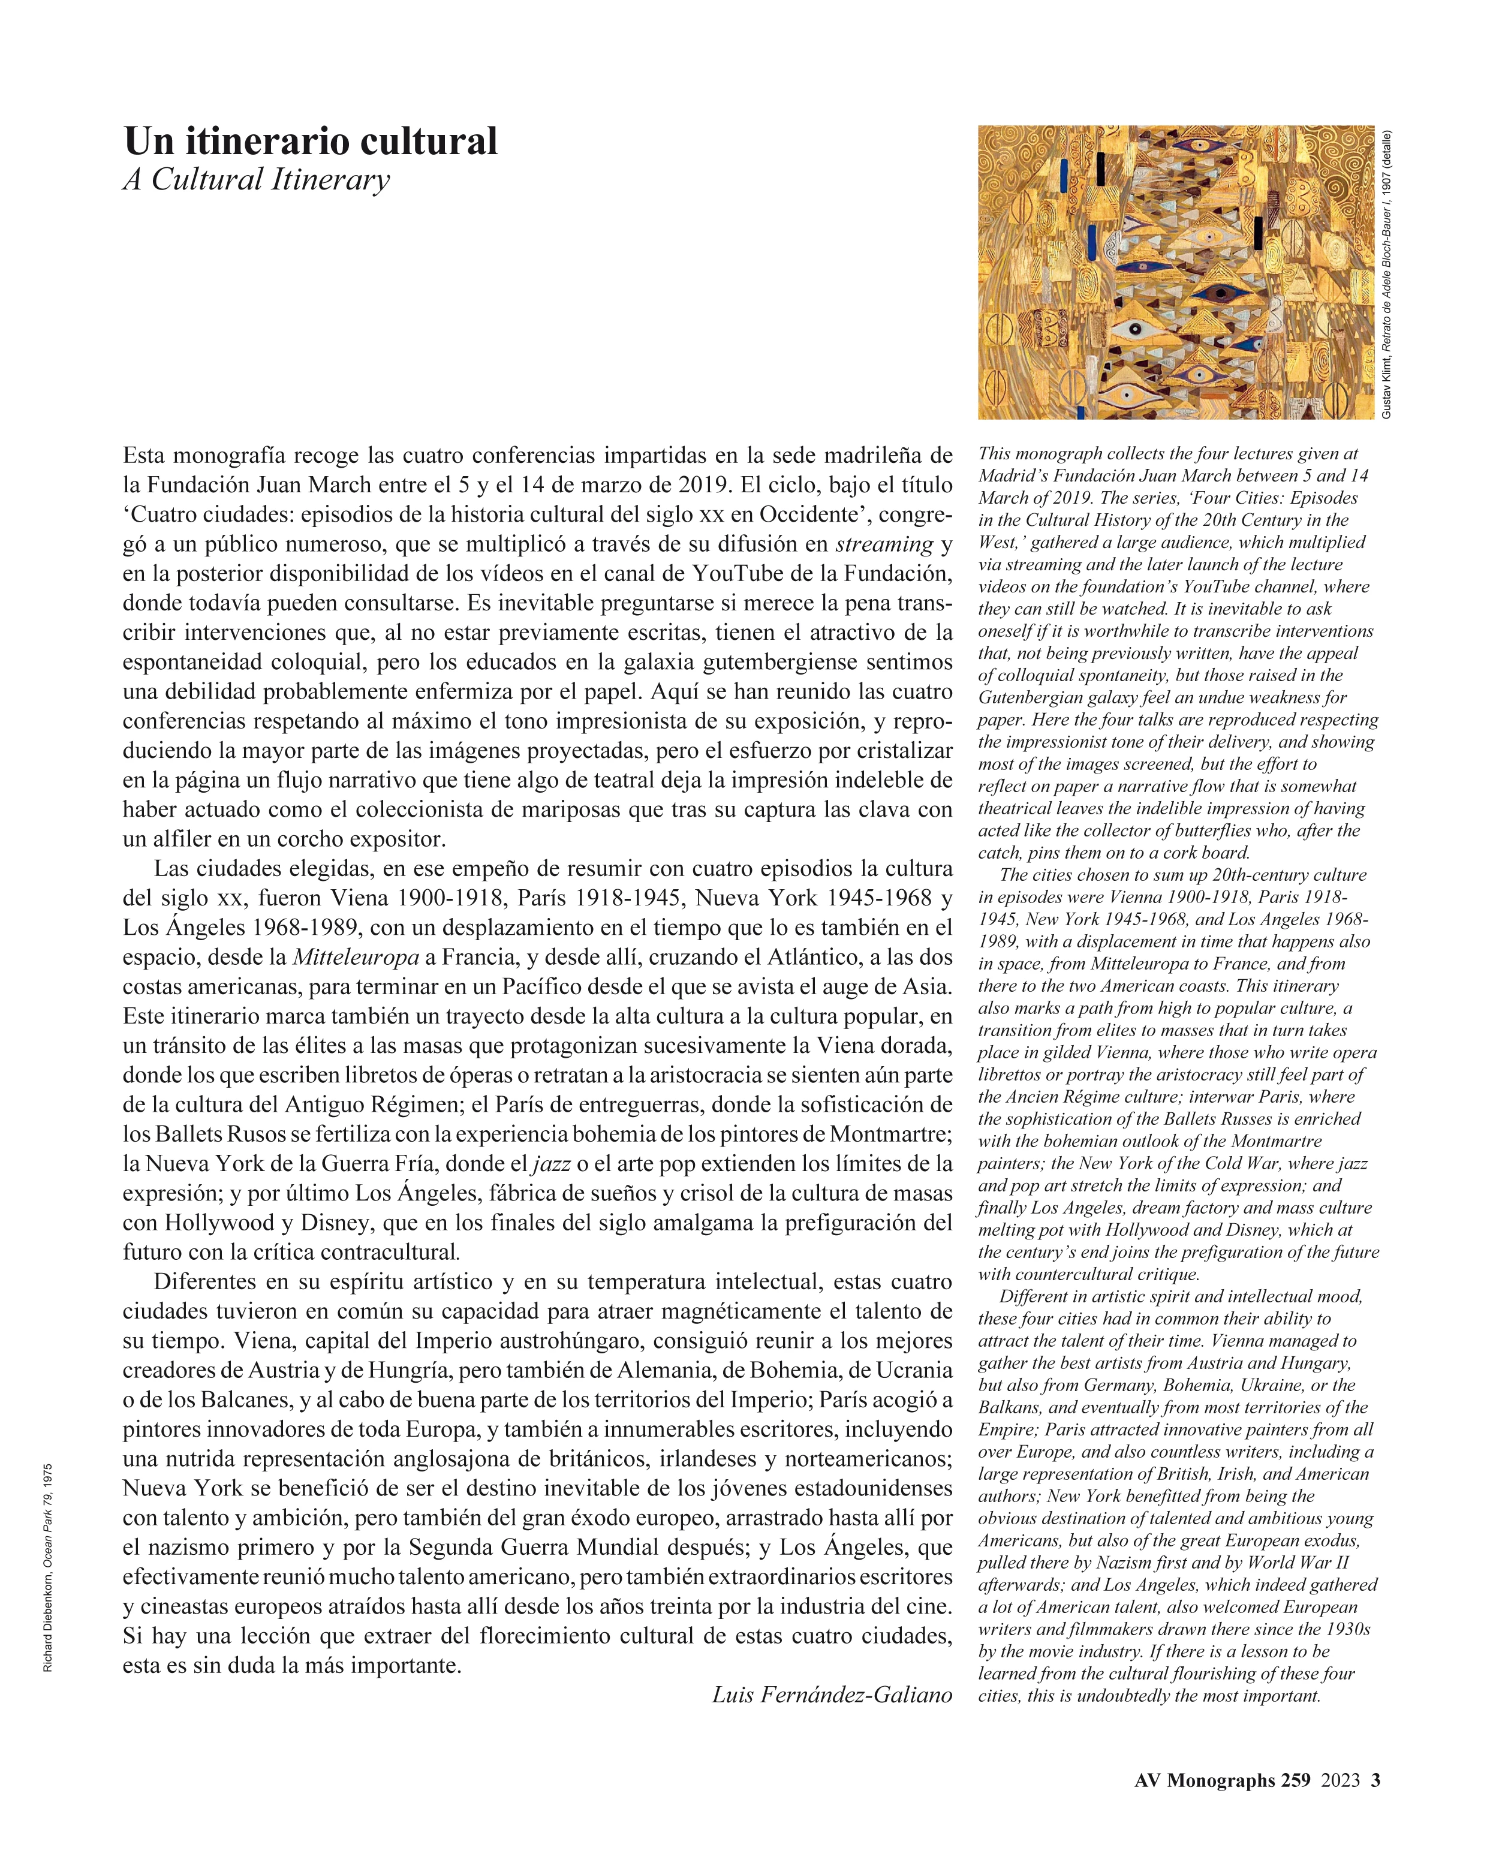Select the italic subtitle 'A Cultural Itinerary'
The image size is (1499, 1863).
256,180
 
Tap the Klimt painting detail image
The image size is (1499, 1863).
1175,272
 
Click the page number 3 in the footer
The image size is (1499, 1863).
1375,1780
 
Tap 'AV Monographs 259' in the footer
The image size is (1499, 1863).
1221,1780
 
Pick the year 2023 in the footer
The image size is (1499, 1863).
1340,1780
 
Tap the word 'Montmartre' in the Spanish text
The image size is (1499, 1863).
890,1134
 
